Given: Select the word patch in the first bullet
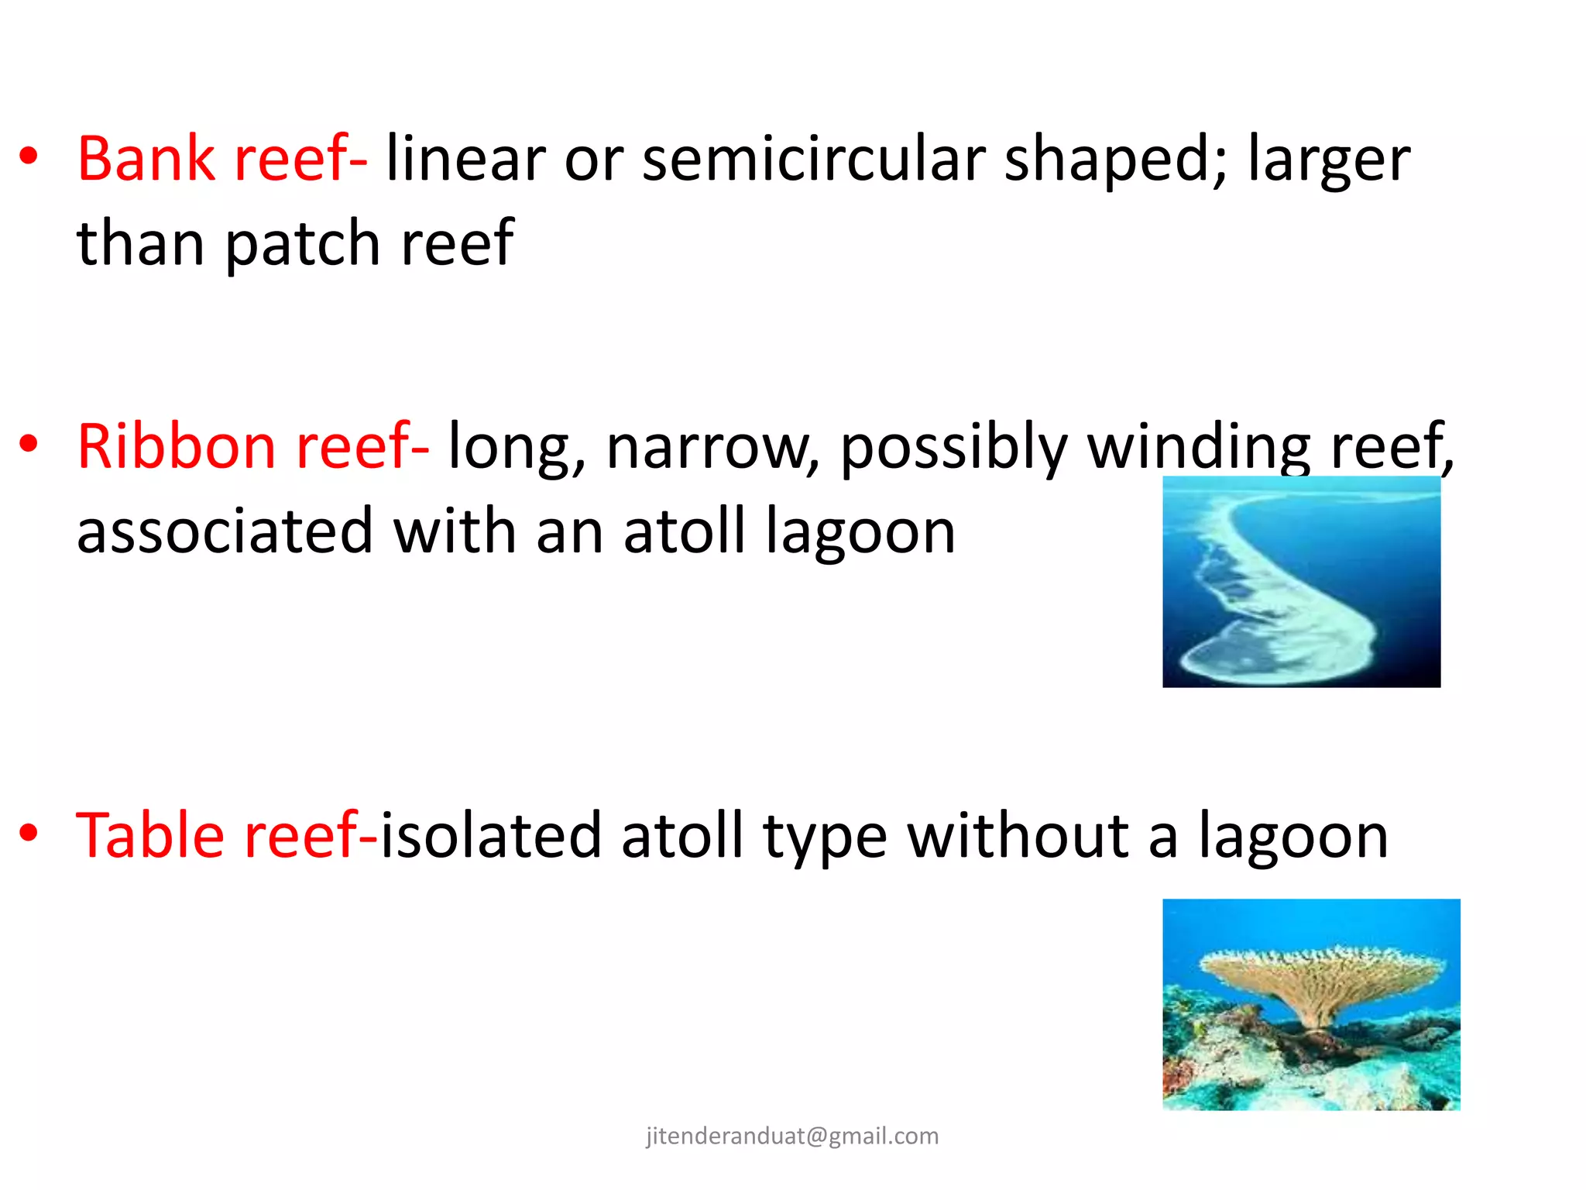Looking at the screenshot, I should click(x=302, y=243).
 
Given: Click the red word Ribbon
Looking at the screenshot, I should click(x=177, y=446).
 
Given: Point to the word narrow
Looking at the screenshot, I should click(x=712, y=446).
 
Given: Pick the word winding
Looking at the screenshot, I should click(x=1199, y=446).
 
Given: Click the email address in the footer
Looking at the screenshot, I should click(x=792, y=1136).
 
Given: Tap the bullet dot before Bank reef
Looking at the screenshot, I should click(x=29, y=156).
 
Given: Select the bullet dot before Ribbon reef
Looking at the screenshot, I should click(x=29, y=445).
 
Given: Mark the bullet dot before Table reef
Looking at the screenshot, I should click(x=29, y=834).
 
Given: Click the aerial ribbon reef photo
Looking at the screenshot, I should click(x=1301, y=582).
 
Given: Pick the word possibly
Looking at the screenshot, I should click(x=954, y=446).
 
